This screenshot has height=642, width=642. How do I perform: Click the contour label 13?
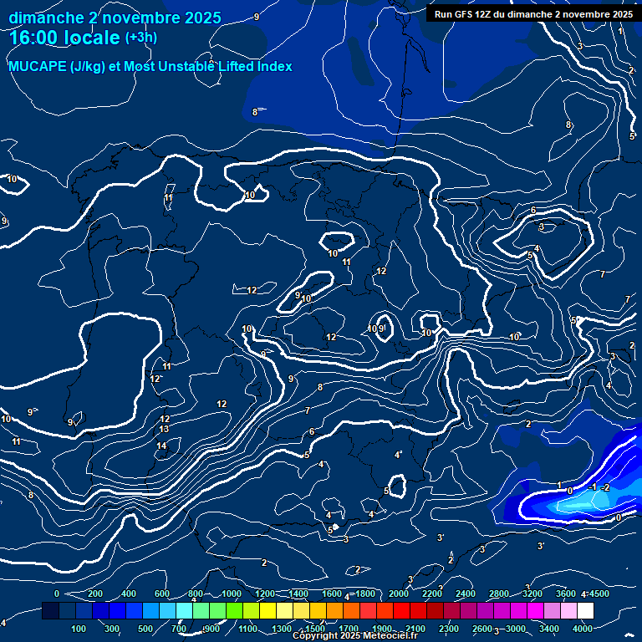pyautogui.click(x=164, y=429)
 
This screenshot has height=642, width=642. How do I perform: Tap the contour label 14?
pyautogui.click(x=162, y=446)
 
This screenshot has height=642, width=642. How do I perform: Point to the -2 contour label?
pyautogui.click(x=606, y=487)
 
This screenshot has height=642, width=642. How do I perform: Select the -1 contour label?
pyautogui.click(x=593, y=487)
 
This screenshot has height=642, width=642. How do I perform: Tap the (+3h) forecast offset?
pyautogui.click(x=140, y=38)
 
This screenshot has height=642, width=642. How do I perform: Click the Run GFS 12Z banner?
pyautogui.click(x=532, y=14)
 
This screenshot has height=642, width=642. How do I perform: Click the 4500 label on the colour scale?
pyautogui.click(x=599, y=594)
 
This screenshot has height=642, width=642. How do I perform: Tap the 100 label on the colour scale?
pyautogui.click(x=79, y=629)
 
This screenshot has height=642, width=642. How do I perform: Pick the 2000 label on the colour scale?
pyautogui.click(x=400, y=594)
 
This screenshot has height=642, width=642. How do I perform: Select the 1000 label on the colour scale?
pyautogui.click(x=232, y=594)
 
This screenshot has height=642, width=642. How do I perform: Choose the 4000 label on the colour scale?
pyautogui.click(x=583, y=629)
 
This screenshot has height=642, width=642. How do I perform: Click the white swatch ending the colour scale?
pyautogui.click(x=585, y=611)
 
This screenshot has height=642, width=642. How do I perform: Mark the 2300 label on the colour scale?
pyautogui.click(x=448, y=629)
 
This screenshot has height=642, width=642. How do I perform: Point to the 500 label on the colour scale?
pyautogui.click(x=146, y=629)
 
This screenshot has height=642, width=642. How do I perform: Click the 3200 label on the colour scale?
pyautogui.click(x=532, y=594)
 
